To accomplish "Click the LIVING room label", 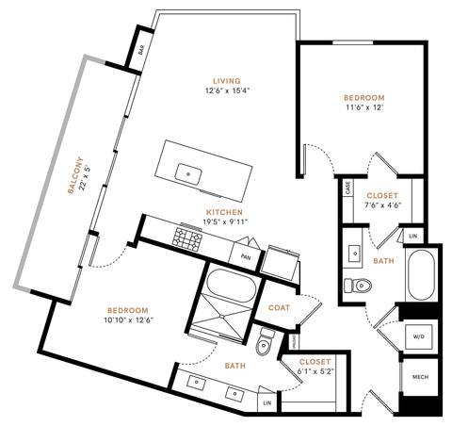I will pos(226,80).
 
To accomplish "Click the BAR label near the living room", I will pos(141,52).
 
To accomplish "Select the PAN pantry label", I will pos(245,255).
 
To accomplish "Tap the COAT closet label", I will pos(279,306).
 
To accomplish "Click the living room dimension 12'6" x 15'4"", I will pos(226,91).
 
